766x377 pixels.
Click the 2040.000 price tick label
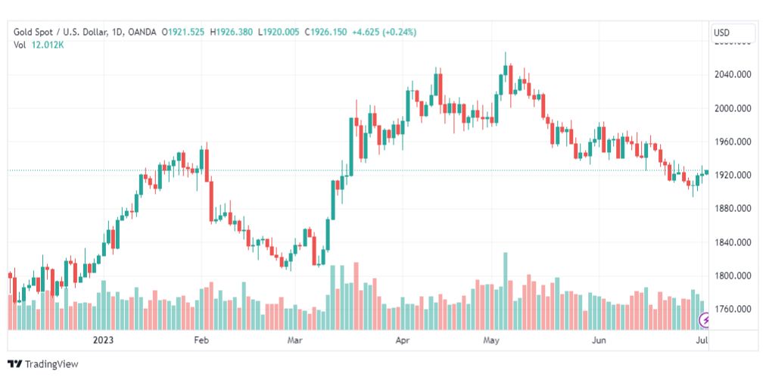[x=732, y=74]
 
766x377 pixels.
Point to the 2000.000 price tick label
[x=732, y=108]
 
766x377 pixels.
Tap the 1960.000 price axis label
[x=732, y=142]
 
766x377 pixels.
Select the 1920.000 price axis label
[x=732, y=175]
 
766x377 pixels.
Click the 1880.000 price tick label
[x=732, y=208]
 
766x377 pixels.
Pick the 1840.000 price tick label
[x=732, y=242]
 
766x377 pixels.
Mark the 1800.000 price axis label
[x=732, y=276]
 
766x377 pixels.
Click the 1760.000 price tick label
[x=732, y=309]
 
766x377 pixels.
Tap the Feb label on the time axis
[x=201, y=341]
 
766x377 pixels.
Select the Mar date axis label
[x=294, y=341]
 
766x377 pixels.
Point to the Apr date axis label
[x=402, y=341]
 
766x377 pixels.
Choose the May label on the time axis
[x=493, y=341]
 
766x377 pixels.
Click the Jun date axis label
[x=599, y=341]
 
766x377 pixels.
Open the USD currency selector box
[x=733, y=33]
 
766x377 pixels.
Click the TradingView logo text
[x=51, y=364]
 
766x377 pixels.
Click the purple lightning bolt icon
[x=706, y=321]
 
